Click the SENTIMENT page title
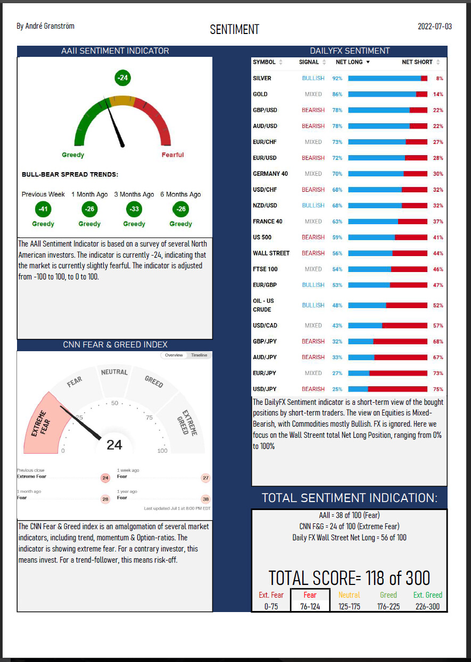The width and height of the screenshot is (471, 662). (234, 29)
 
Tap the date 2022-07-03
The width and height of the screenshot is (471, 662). (434, 26)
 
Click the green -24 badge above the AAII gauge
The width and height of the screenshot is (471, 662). (123, 78)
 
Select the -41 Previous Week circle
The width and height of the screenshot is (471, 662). (43, 209)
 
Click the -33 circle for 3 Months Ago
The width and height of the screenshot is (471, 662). (134, 209)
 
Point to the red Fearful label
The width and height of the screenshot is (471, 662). (172, 155)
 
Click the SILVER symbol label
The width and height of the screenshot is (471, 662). (262, 78)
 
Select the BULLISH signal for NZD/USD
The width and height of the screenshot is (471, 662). (313, 206)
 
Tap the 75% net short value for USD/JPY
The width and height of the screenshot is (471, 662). (438, 389)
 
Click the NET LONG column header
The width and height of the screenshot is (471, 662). (349, 62)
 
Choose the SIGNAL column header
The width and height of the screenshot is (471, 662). (309, 62)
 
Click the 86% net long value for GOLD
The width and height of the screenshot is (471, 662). (337, 94)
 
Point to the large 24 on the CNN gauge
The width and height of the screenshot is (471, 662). (114, 445)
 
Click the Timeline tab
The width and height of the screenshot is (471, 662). (199, 355)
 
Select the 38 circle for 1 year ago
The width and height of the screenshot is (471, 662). (205, 499)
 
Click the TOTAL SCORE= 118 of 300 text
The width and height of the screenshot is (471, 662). (349, 578)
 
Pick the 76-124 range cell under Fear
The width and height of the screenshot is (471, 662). (310, 606)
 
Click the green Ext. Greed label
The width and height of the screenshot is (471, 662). (427, 595)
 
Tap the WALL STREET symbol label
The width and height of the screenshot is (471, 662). (271, 253)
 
